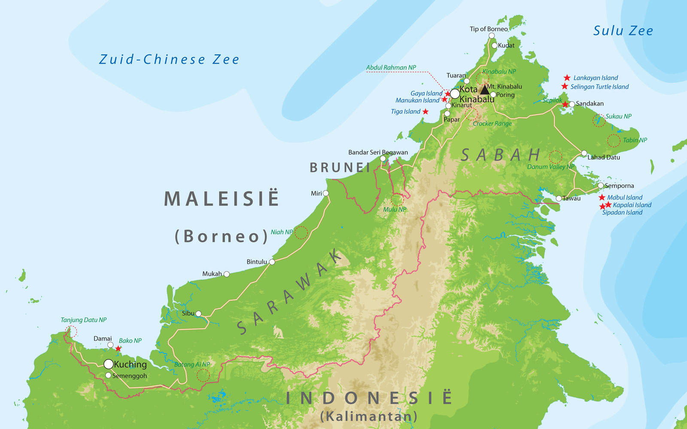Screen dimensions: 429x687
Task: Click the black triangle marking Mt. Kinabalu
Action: [x=485, y=90]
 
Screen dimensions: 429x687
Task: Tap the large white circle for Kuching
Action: [x=109, y=364]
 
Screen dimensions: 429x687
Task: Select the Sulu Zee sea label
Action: [x=623, y=31]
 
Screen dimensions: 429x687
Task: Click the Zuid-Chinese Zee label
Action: [x=169, y=59]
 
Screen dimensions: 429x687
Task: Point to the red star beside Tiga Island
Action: [x=426, y=112]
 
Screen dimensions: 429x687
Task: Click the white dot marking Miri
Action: [x=326, y=193]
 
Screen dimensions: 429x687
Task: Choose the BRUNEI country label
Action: [x=340, y=168]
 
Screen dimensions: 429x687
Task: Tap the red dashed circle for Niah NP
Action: [x=301, y=233]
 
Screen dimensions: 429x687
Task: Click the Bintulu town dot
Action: [x=272, y=262]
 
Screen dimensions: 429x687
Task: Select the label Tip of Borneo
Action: [x=488, y=29]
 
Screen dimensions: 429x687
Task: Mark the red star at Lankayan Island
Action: [x=567, y=78]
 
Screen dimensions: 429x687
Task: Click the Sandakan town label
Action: [x=590, y=103]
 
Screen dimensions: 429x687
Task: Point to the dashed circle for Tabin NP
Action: [x=614, y=140]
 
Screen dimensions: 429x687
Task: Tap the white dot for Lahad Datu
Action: [x=584, y=153]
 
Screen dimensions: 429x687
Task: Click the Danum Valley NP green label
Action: [x=550, y=167]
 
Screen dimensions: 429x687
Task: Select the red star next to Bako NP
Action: [x=119, y=348]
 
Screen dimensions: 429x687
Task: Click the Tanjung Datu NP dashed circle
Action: [x=71, y=331]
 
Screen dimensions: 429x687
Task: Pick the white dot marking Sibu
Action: [x=198, y=314]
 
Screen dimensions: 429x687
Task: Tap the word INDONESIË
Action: [x=369, y=398]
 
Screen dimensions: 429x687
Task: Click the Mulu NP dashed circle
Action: [x=397, y=199]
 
